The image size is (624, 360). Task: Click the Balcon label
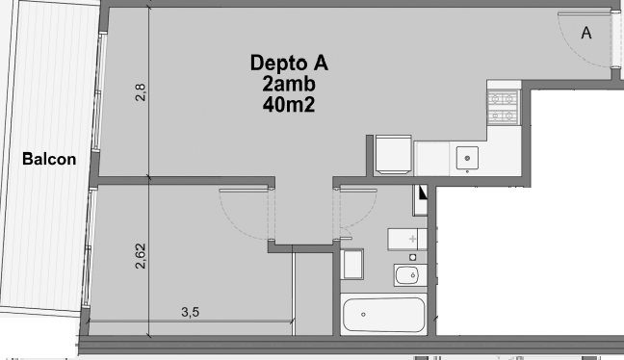tap(49, 159)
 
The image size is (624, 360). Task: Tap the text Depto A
tap(289, 63)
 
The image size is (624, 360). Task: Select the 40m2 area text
tap(289, 105)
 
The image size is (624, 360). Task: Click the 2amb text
tap(289, 84)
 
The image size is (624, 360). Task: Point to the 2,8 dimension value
tap(141, 91)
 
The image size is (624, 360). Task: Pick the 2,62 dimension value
tap(141, 256)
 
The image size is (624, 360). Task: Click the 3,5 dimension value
tap(191, 312)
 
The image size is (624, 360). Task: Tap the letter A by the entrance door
tap(586, 33)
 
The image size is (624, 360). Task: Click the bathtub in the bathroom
tap(384, 314)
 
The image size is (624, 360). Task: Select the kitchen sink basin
tap(467, 158)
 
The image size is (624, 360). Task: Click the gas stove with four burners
tap(503, 107)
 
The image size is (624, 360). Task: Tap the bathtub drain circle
tap(363, 314)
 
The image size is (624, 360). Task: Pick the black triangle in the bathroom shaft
tap(422, 193)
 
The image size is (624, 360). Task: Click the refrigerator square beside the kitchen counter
tap(393, 155)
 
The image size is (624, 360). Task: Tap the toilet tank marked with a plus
tap(407, 239)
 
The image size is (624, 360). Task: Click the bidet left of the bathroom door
tap(352, 264)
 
